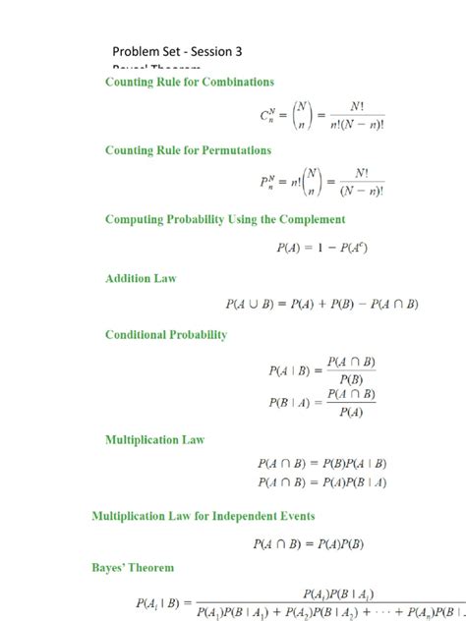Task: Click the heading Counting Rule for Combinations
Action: (x=190, y=83)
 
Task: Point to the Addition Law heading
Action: (x=141, y=279)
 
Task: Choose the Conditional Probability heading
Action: (x=166, y=335)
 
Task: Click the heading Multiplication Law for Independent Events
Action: (x=217, y=515)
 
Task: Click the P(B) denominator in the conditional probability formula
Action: (x=349, y=380)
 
